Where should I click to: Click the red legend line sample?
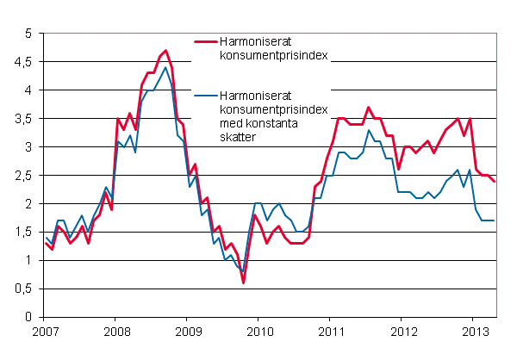[206, 40]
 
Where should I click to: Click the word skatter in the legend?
[239, 136]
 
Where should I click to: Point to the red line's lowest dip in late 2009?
[243, 282]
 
